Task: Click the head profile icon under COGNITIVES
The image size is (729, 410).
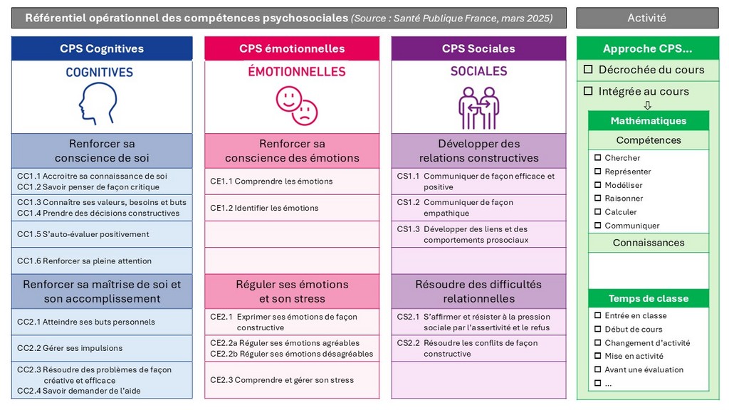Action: point(99,105)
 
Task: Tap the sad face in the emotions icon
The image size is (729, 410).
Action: point(305,112)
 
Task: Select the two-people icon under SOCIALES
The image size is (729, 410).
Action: point(478,107)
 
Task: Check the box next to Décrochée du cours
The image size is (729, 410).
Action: point(588,70)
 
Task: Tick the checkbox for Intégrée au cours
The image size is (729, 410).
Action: point(588,91)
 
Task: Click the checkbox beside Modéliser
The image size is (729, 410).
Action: point(598,185)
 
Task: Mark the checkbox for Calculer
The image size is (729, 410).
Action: point(598,212)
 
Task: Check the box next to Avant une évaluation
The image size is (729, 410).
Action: point(598,369)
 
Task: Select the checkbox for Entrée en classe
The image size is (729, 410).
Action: point(598,315)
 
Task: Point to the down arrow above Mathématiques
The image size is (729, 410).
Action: point(647,105)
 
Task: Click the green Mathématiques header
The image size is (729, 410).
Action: point(648,120)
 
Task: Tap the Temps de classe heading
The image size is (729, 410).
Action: point(648,298)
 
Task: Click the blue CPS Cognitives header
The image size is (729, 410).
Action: point(102,48)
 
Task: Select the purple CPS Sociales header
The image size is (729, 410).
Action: point(478,48)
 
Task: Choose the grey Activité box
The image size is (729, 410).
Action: point(646,18)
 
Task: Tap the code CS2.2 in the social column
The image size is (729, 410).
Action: point(408,343)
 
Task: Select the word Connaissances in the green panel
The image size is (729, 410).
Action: point(648,243)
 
